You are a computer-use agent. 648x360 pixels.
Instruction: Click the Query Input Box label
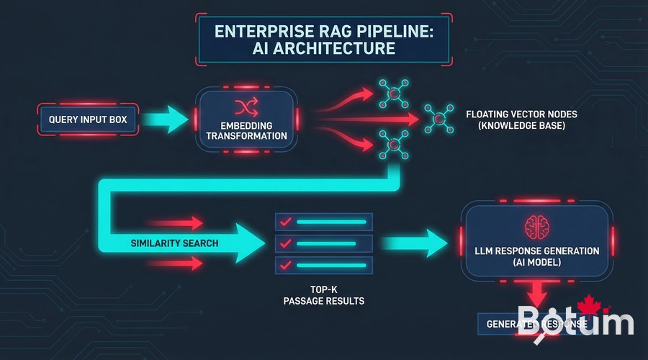pyautogui.click(x=88, y=119)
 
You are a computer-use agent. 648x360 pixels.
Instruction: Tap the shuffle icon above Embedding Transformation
pyautogui.click(x=245, y=107)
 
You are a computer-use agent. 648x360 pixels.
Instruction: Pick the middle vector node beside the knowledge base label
pyautogui.click(x=438, y=118)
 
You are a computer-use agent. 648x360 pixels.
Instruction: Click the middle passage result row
pyautogui.click(x=323, y=244)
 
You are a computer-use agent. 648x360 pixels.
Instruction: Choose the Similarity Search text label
pyautogui.click(x=174, y=243)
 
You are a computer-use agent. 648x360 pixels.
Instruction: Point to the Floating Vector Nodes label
pyautogui.click(x=521, y=120)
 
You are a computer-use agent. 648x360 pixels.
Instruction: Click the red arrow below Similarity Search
pyautogui.click(x=176, y=264)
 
